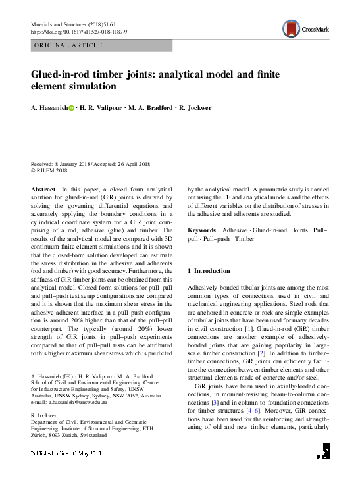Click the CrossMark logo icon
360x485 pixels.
point(290,28)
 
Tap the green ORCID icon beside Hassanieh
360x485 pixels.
point(72,107)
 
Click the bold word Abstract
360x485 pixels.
point(43,189)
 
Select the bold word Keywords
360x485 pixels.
point(202,230)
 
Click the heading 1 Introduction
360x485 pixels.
point(209,271)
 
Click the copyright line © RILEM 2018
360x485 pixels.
point(49,170)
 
